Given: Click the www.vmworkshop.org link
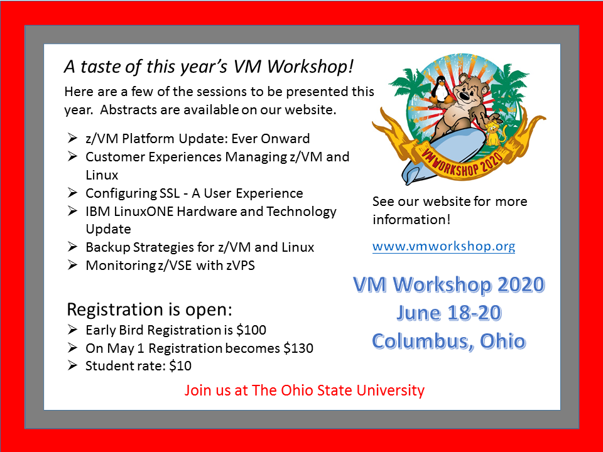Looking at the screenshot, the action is coord(443,246).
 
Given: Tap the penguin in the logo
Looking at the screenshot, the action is coord(440,89).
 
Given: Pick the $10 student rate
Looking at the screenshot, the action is coord(180,366).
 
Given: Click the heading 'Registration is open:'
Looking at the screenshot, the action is coord(149,309).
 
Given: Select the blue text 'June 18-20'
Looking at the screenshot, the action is coord(449,313).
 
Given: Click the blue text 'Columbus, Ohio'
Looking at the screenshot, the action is coord(448,342).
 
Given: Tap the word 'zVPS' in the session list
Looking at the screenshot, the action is coord(241,266).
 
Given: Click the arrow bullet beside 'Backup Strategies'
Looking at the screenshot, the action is coord(72,247).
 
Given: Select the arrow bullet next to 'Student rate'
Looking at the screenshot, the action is coord(72,365).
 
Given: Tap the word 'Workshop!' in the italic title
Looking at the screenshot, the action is coord(310,67).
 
